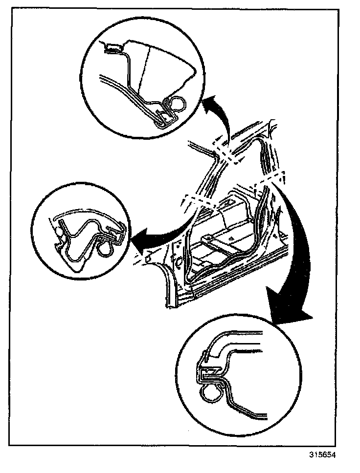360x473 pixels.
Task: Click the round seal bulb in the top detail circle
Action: click(177, 105)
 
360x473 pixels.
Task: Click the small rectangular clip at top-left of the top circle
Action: click(113, 47)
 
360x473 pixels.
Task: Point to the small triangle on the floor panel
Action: click(229, 236)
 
